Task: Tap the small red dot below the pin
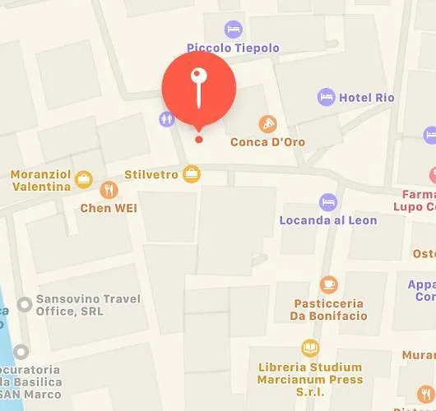(x=198, y=139)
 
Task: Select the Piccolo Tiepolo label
(x=233, y=48)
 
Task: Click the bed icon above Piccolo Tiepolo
(x=234, y=29)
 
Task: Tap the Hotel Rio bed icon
(x=326, y=97)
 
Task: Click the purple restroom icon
(x=167, y=118)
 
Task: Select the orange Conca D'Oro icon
(x=267, y=124)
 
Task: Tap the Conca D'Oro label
(x=267, y=142)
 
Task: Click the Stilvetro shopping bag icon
(x=192, y=173)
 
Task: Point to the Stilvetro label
(x=151, y=174)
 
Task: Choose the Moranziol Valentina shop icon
(x=83, y=178)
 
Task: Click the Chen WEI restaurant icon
(x=108, y=191)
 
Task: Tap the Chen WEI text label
(x=108, y=208)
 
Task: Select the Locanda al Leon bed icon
(x=328, y=202)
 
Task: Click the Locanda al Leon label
(x=328, y=220)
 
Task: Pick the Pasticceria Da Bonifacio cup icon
(x=328, y=284)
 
